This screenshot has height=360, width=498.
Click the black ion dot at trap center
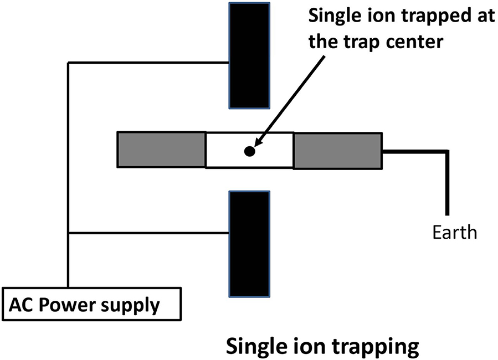pyautogui.click(x=249, y=151)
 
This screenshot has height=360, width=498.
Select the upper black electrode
pyautogui.click(x=249, y=55)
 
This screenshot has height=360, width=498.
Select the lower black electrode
pyautogui.click(x=249, y=244)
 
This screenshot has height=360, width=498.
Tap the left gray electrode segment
pyautogui.click(x=161, y=150)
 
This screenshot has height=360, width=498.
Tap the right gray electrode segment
pyautogui.click(x=337, y=150)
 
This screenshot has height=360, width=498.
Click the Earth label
pyautogui.click(x=454, y=231)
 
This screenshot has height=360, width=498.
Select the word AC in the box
pyautogui.click(x=19, y=305)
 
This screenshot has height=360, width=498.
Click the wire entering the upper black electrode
pyautogui.click(x=150, y=63)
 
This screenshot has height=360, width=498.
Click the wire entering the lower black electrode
pyautogui.click(x=150, y=233)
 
